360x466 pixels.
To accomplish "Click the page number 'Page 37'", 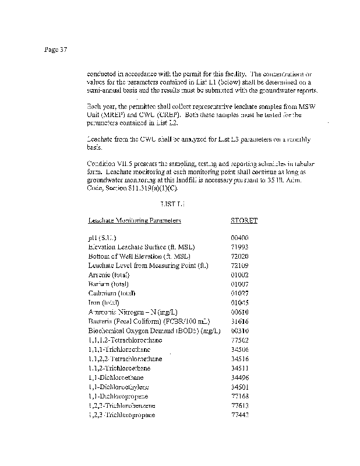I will point(56,50).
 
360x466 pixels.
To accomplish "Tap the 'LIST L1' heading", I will point(172,204).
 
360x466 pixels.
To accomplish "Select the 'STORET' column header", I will point(244,221).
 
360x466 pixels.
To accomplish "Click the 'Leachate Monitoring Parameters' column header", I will point(134,221).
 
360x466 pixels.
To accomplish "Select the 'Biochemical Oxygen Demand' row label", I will point(154,331).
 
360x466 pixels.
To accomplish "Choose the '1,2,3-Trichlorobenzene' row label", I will point(122,405).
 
